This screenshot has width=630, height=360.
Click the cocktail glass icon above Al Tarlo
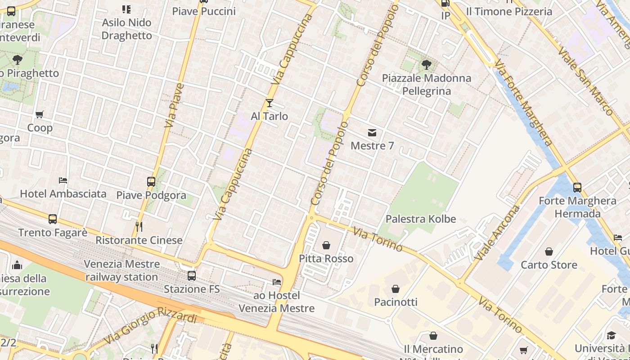269,103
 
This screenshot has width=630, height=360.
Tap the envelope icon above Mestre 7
372,133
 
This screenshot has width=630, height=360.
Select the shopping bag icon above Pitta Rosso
326,245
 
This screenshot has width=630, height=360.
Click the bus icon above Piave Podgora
151,182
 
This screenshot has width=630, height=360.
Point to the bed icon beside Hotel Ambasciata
63,180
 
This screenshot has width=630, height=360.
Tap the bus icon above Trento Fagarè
53,219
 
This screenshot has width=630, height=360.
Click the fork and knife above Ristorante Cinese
139,226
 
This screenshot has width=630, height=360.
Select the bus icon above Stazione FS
192,275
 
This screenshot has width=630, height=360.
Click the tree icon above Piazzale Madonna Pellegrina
426,65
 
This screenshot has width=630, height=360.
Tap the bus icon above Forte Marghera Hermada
577,187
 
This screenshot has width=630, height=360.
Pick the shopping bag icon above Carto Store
549,252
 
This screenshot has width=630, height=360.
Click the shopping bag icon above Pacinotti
396,288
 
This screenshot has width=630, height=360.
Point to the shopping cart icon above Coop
40,114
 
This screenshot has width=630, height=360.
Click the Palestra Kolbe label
421,219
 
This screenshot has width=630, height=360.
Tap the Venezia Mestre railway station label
122,270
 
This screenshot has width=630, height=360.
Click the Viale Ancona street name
497,233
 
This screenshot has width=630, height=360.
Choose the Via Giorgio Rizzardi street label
150,325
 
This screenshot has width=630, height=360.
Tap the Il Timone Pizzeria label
509,12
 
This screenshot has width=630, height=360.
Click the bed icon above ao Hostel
277,282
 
